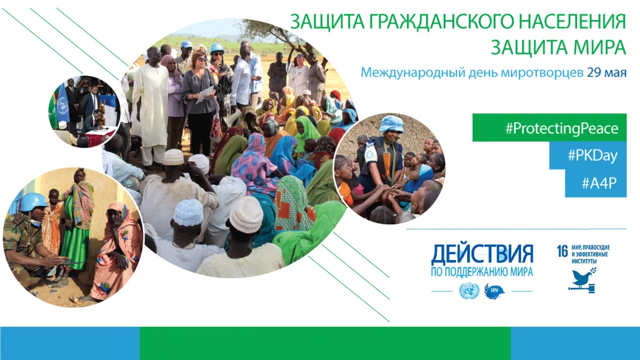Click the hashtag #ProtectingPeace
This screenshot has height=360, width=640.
(561, 129)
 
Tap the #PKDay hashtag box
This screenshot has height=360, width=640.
(592, 156)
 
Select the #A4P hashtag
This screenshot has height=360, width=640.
(599, 183)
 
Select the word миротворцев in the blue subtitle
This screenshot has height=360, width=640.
(542, 73)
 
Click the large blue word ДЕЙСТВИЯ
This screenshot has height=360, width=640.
(482, 254)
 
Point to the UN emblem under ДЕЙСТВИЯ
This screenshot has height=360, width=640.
(469, 291)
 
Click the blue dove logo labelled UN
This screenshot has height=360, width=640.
(494, 291)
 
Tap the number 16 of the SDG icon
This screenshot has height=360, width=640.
(563, 252)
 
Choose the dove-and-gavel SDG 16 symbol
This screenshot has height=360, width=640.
(582, 280)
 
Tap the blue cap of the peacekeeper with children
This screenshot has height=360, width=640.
(391, 124)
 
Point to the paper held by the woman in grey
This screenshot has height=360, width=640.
(204, 95)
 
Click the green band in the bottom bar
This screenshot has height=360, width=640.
(325, 343)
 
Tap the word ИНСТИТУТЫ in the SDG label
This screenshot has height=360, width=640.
(584, 261)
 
